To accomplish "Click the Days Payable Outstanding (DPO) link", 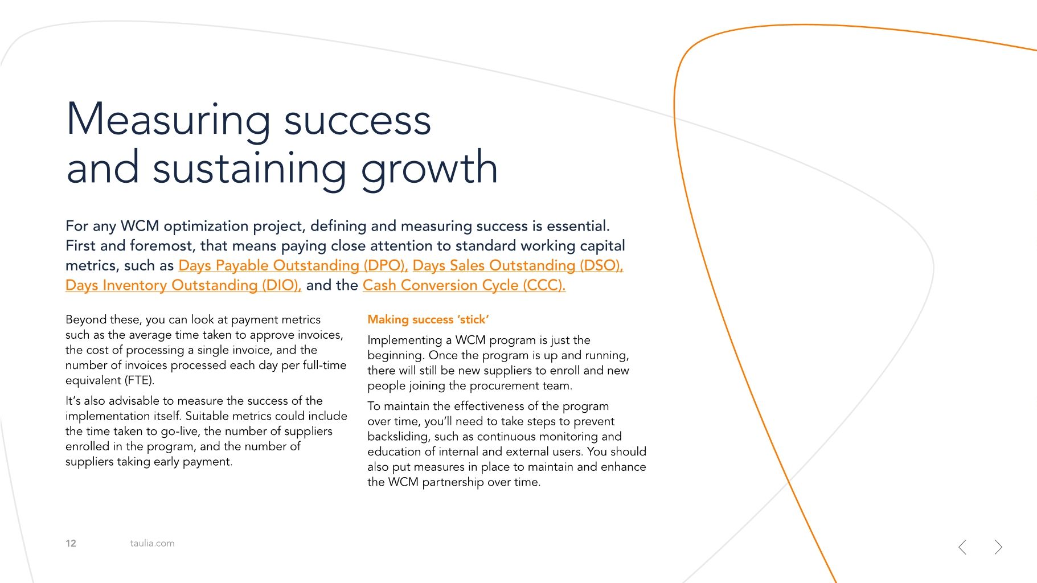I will pos(293,265).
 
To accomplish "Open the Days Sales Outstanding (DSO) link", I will pos(518,265).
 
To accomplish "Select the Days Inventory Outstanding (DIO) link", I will pos(183,285).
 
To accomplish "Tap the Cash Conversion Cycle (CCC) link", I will pos(464,285).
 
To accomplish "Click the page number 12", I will pos(71,543).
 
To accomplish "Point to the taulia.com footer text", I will pos(152,543).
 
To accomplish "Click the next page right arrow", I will pos(998,547).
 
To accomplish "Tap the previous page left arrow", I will pos(962,547).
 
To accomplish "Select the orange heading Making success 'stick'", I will pos(428,319).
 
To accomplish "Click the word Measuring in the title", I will pos(169,120).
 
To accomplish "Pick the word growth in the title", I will pos(429,169).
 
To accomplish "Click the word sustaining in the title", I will pos(249,169).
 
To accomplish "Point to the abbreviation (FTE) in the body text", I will pos(139,380).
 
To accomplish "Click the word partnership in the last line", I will pos(453,482).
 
